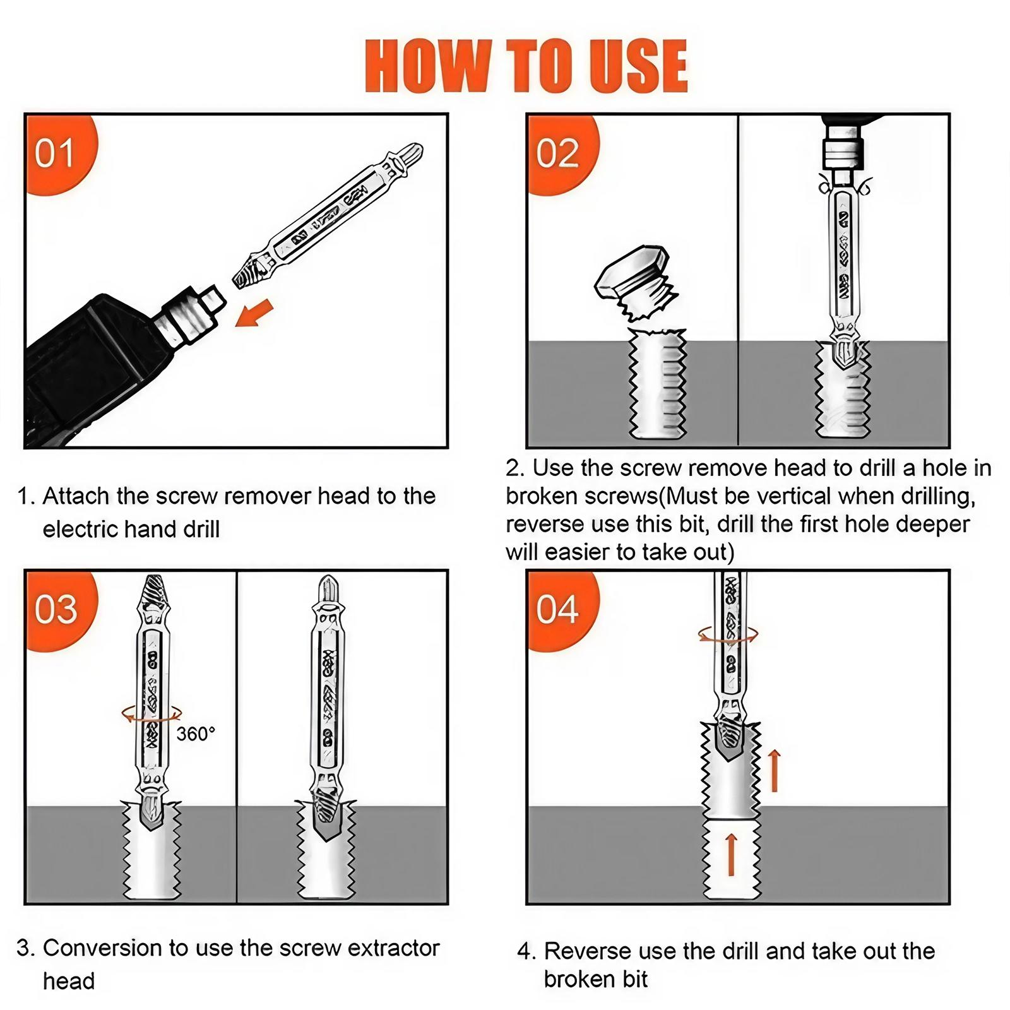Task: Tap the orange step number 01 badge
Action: coord(55,153)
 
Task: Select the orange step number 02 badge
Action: coord(557,153)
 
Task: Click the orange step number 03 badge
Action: coord(56,609)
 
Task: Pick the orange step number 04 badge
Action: coord(557,609)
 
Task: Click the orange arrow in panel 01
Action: coord(254,314)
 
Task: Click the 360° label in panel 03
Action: coord(196,734)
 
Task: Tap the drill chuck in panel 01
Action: coord(189,316)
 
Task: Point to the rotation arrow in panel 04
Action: coord(728,634)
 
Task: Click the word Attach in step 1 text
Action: coord(76,496)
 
